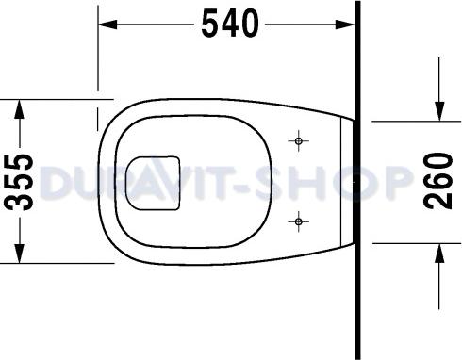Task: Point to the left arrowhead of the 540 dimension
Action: click(107, 23)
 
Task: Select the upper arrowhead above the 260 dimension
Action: click(440, 113)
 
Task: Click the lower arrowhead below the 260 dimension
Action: click(440, 249)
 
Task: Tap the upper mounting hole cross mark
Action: click(299, 141)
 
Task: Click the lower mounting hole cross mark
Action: click(299, 222)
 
